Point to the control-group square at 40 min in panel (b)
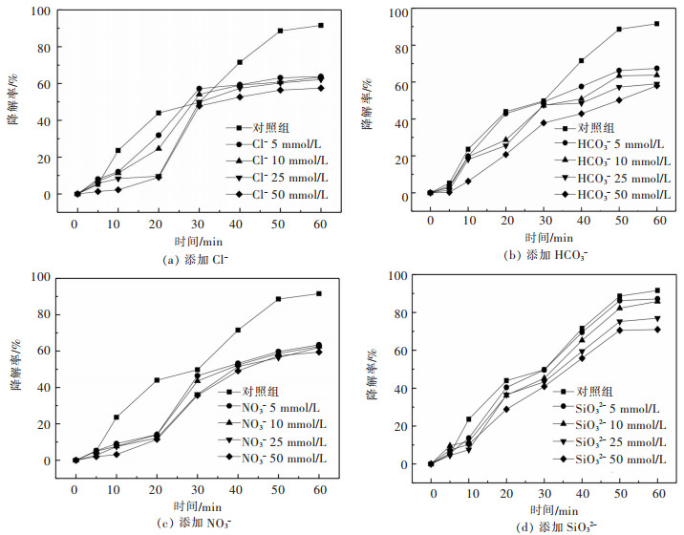click(x=581, y=61)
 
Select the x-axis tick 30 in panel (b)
click(x=543, y=220)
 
